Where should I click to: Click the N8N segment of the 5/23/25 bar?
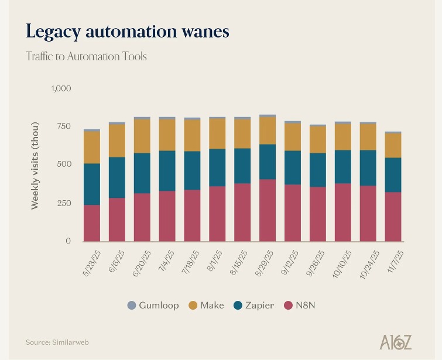point(92,223)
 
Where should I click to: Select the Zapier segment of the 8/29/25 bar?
point(268,162)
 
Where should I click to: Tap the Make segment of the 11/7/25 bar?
point(393,145)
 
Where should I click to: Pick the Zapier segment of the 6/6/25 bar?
point(117,177)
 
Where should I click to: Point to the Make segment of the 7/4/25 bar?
point(167,135)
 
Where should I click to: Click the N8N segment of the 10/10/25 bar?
point(343,212)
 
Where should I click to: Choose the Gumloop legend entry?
point(153,306)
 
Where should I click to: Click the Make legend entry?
point(206,306)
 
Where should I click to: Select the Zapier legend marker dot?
point(238,306)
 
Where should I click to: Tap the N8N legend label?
point(306,306)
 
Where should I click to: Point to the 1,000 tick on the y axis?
point(61,88)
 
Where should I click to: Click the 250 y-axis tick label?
point(64,203)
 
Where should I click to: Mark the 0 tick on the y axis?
point(68,241)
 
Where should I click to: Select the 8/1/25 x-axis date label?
point(215,260)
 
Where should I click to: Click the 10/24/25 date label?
point(369,264)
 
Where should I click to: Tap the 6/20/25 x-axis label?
point(142,263)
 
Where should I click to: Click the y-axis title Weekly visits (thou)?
point(35,166)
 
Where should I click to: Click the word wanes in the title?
point(205,32)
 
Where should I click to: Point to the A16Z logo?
point(396,342)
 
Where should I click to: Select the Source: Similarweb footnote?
point(57,342)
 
